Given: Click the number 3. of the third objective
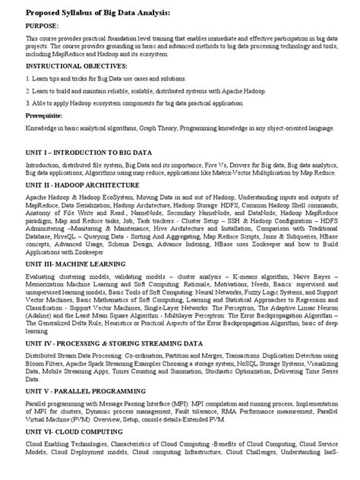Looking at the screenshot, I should click(x=28, y=102).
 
